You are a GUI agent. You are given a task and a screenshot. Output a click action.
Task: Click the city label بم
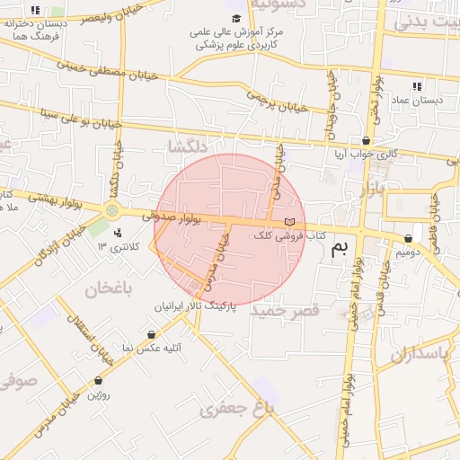click(338, 249)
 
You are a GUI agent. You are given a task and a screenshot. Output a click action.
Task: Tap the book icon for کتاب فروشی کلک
click(288, 222)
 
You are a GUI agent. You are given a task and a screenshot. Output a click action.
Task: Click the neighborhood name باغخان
click(109, 288)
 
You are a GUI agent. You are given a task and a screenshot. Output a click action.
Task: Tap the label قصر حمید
click(285, 311)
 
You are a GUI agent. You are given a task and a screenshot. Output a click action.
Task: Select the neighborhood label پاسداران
click(419, 353)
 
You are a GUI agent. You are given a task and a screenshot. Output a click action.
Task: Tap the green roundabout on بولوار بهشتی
click(112, 210)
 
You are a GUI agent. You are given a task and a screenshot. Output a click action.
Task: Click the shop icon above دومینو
click(409, 239)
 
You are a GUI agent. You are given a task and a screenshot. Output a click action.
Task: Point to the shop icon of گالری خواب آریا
click(366, 141)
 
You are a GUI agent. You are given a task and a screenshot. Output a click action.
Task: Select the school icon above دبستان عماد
click(416, 86)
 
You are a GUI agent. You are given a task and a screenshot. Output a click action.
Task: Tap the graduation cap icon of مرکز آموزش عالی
click(236, 18)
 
